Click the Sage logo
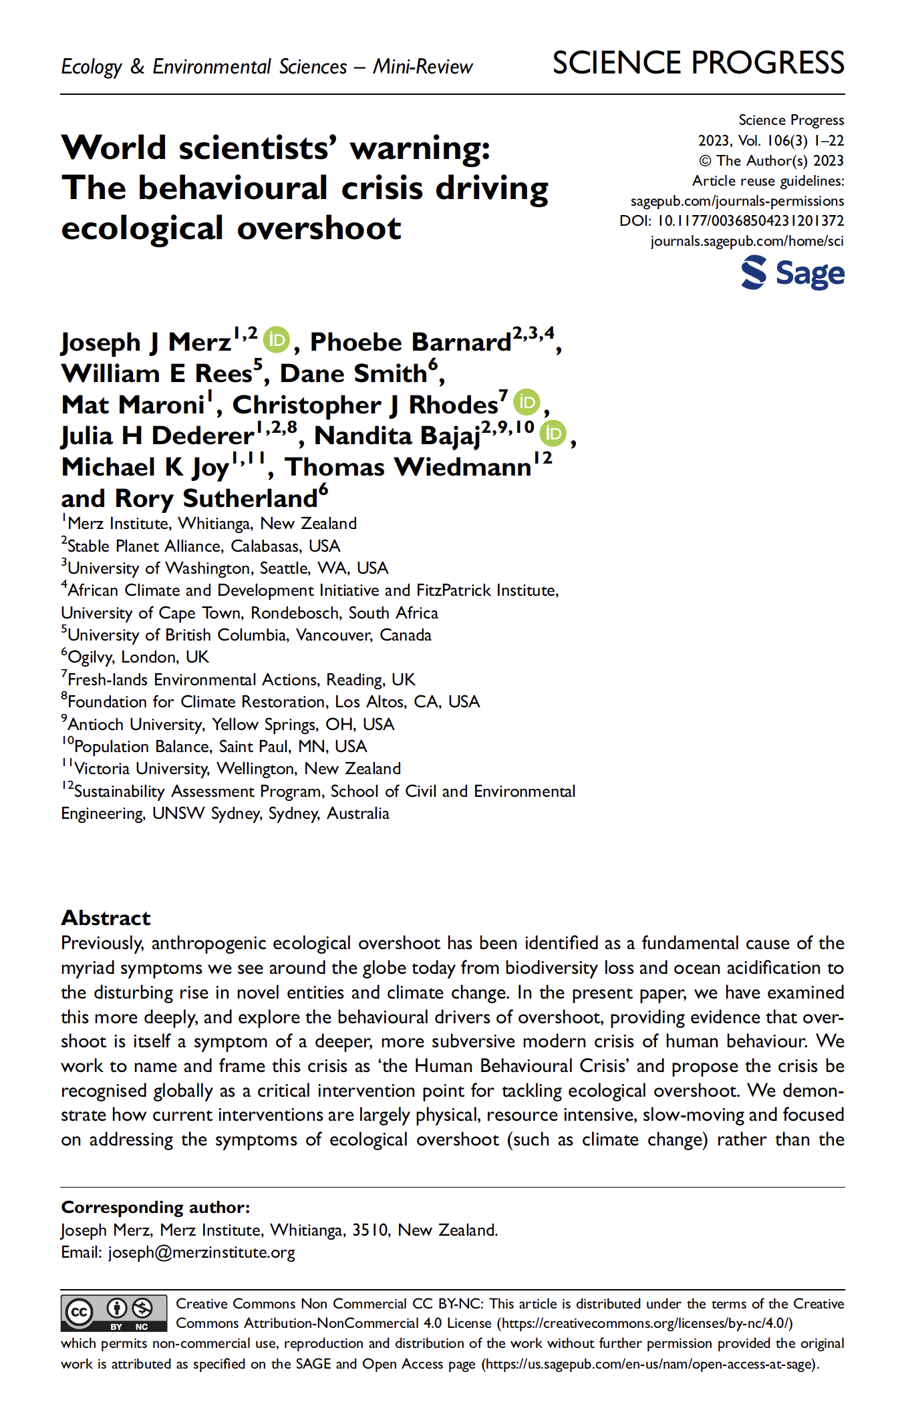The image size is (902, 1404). (792, 274)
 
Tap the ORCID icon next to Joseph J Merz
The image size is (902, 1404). (276, 340)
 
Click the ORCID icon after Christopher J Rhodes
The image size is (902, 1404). (527, 402)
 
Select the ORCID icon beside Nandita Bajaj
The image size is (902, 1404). (553, 433)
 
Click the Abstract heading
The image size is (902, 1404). (106, 918)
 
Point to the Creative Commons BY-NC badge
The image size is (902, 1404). (114, 1312)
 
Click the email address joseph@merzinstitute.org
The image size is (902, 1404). (201, 1252)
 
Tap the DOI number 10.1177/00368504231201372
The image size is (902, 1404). (750, 221)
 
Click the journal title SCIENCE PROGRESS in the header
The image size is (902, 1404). (698, 63)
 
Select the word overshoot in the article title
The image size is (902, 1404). (319, 228)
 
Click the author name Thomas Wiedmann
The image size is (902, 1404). (408, 467)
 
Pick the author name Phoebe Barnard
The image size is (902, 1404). (410, 342)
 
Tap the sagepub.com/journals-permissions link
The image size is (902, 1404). (737, 201)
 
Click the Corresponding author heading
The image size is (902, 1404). (156, 1207)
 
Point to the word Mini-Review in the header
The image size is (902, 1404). (422, 67)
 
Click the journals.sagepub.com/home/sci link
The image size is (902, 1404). (747, 241)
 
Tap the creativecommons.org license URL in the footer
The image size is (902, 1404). (646, 1323)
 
